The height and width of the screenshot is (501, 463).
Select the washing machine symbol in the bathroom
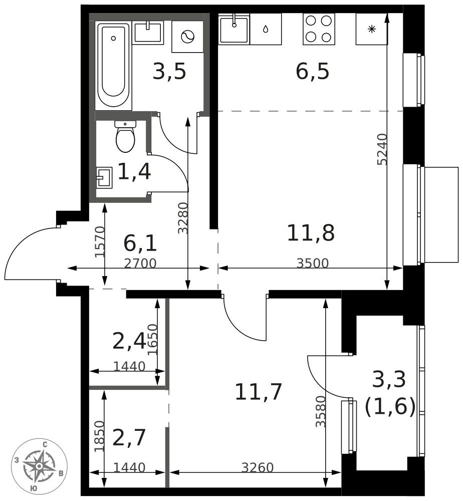pos(188,37)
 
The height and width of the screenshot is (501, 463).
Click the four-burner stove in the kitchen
pos(319,29)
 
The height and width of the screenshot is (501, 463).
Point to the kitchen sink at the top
pos(234,29)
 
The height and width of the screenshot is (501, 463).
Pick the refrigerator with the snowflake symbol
pos(371,29)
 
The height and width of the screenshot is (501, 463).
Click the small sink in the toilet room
pos(104,177)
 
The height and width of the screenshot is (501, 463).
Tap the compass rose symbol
pos(39,466)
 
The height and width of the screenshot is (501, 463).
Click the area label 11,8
pos(310,233)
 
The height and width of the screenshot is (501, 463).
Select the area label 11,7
pos(259,392)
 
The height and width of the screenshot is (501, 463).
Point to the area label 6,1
pos(140,243)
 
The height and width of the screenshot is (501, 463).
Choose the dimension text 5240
pos(382,149)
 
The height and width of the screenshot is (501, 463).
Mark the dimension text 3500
pos(312,264)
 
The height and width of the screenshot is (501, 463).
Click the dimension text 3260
pos(257,468)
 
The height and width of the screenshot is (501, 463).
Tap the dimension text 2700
pos(140,264)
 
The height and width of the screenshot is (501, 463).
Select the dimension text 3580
pos(321,411)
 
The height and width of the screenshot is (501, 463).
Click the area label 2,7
pos(129,438)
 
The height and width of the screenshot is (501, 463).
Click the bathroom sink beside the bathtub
pos(148,33)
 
